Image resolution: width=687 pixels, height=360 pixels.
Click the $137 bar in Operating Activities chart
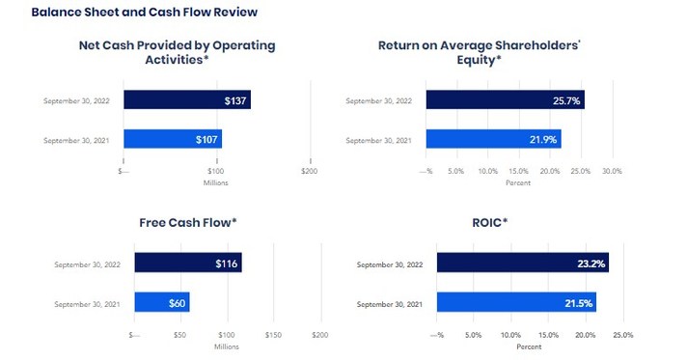point(186,99)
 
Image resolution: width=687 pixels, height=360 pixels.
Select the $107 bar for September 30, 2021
point(172,139)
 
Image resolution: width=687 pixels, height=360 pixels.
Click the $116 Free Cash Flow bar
point(188,263)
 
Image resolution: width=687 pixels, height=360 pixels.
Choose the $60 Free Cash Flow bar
point(162,302)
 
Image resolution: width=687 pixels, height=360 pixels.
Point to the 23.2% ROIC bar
point(522,263)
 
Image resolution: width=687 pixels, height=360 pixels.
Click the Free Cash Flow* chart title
point(188,223)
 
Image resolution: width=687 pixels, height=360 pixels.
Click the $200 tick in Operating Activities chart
point(309,171)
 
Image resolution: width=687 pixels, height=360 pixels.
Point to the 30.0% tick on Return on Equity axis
point(612,171)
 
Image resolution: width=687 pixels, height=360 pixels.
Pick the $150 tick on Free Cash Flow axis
point(273,335)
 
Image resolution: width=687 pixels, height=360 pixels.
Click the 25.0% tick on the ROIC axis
point(622,335)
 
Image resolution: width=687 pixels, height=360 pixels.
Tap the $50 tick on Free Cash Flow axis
point(180,335)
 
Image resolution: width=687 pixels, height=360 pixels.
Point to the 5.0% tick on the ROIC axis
point(474,335)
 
